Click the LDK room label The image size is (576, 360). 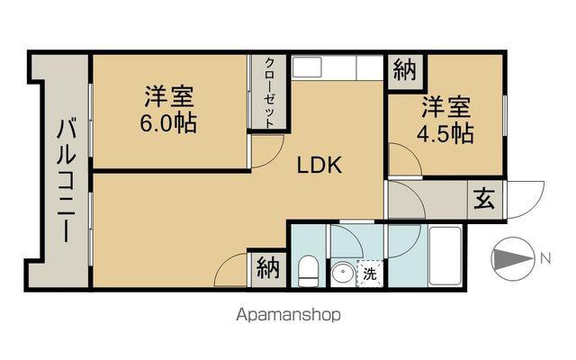319,166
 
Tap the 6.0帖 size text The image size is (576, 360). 168,122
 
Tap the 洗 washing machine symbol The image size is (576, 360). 369,274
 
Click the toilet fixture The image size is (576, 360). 307,269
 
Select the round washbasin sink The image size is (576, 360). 341,274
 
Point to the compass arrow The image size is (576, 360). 513,259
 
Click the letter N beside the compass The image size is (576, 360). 544,259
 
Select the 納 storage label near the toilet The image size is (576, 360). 267,268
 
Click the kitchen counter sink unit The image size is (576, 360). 337,69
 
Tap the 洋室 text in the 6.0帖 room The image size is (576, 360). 168,96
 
